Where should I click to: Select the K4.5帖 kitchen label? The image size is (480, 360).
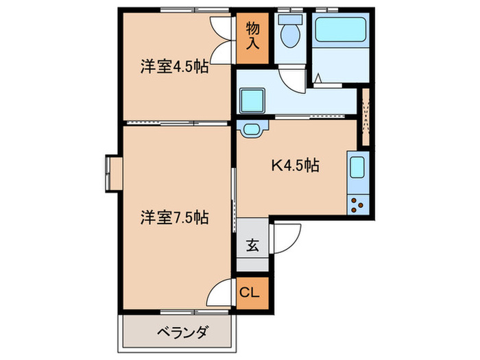pos(294,165)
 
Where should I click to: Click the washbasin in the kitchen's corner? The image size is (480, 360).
pos(252,128)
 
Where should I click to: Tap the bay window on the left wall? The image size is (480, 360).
pos(112,172)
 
